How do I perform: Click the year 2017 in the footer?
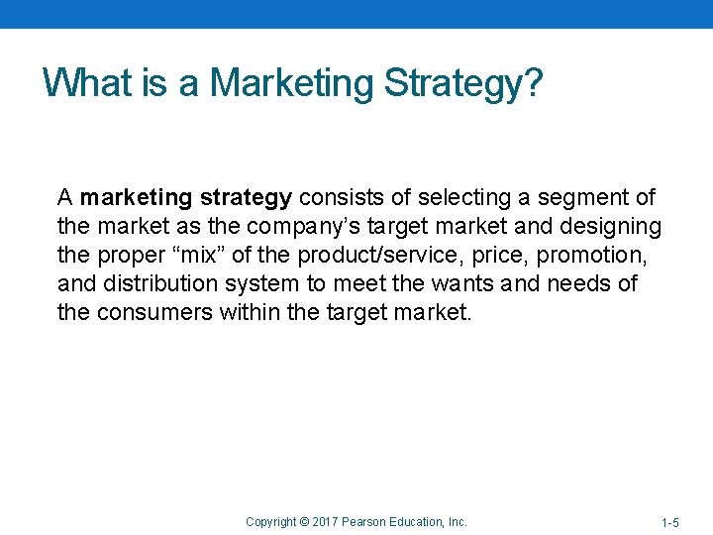coord(326,521)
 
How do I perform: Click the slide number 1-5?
coord(670,522)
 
